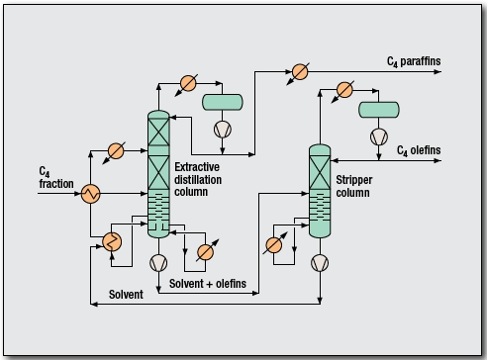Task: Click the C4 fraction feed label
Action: (49, 177)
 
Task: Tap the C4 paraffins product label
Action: (414, 61)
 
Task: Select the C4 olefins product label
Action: (417, 150)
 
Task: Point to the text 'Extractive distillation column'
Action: (203, 178)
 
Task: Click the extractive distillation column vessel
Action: (158, 173)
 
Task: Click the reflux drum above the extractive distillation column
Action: (223, 101)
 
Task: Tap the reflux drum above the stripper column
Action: (379, 108)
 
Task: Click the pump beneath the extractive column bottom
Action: (158, 262)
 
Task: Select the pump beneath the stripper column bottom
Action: (320, 262)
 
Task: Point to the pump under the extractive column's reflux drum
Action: (223, 129)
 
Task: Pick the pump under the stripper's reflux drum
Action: (379, 135)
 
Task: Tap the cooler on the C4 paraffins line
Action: (299, 71)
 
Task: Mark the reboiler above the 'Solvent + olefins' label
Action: (205, 250)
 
